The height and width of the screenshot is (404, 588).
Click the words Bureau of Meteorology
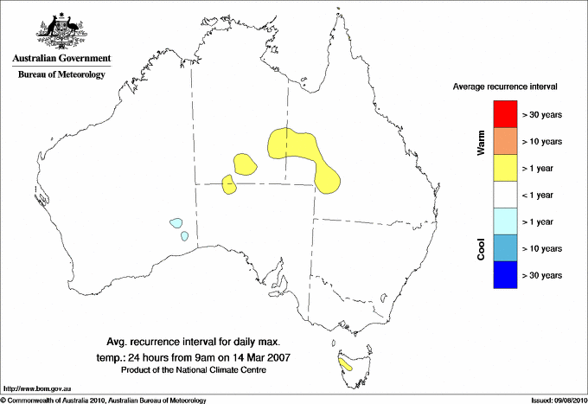(x=61, y=74)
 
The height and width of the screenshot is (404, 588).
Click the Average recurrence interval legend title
(x=505, y=87)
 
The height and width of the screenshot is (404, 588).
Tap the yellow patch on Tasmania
(x=346, y=364)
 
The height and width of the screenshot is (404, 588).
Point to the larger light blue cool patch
(x=176, y=222)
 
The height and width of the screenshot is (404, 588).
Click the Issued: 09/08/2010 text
(x=557, y=400)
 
